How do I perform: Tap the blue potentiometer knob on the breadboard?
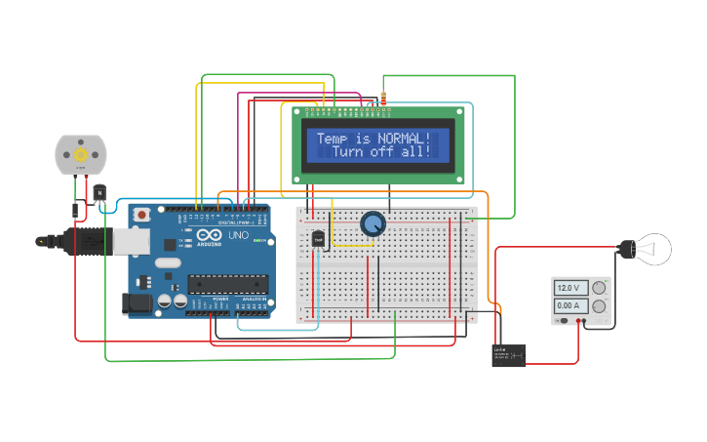(x=373, y=224)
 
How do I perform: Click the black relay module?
(x=508, y=354)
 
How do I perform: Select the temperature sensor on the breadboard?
(x=318, y=238)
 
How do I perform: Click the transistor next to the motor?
(x=99, y=193)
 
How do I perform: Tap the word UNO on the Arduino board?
(x=238, y=236)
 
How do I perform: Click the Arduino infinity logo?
(x=210, y=236)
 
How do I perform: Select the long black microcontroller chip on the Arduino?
(x=227, y=284)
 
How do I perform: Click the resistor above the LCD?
(x=383, y=99)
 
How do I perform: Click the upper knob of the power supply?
(x=599, y=287)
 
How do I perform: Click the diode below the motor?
(x=75, y=209)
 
